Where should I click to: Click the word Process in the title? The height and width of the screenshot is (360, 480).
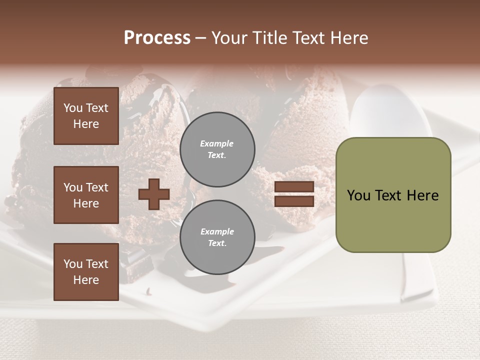coord(157,38)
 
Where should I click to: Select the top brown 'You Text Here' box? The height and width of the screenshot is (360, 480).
coord(86,116)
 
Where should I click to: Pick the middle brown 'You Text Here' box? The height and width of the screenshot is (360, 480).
coord(86,195)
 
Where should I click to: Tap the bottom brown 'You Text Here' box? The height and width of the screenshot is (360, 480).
coord(86,272)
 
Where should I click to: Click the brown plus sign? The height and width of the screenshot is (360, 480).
coord(154,194)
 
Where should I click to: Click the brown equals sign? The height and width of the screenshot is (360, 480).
coord(294,194)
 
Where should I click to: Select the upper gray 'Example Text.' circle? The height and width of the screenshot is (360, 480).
coord(217,149)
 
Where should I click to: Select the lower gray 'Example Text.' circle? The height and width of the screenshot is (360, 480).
coord(217,237)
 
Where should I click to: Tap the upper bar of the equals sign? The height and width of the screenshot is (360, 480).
coord(294,187)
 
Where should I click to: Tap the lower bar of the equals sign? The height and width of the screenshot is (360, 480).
coord(294,201)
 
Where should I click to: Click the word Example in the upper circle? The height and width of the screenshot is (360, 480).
coord(217,143)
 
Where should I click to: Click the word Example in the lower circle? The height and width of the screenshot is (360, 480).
coord(217,231)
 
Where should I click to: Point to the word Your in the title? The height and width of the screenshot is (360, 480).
coord(228,38)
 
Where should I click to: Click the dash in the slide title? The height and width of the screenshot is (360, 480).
coord(200,38)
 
